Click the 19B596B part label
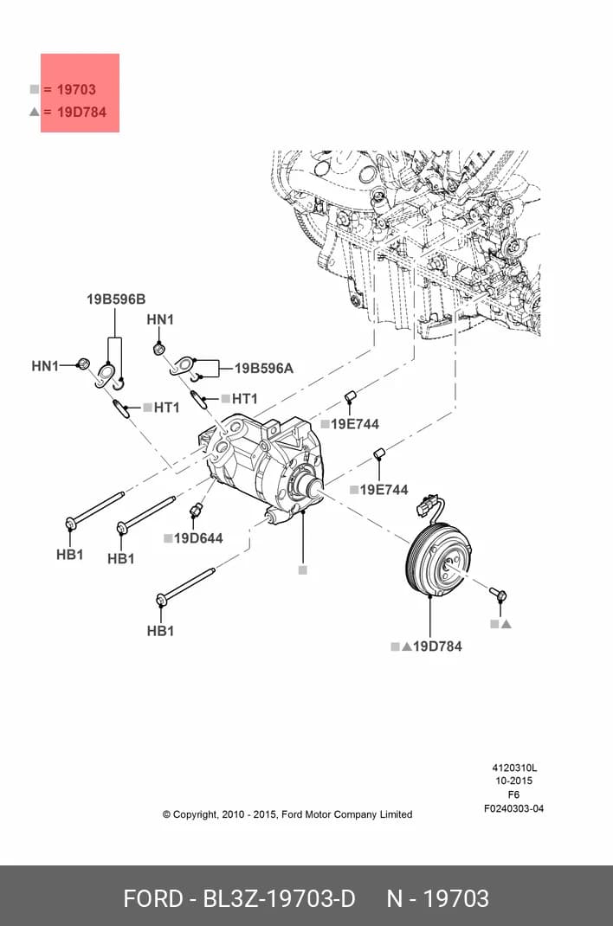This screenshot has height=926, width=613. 116,299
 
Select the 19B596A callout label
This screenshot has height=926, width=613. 264,369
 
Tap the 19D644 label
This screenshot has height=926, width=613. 198,538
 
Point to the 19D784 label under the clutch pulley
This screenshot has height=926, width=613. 437,646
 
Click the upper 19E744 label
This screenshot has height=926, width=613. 354,424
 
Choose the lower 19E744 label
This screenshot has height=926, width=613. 384,490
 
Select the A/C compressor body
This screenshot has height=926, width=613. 261,467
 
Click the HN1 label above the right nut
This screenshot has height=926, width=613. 160,319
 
